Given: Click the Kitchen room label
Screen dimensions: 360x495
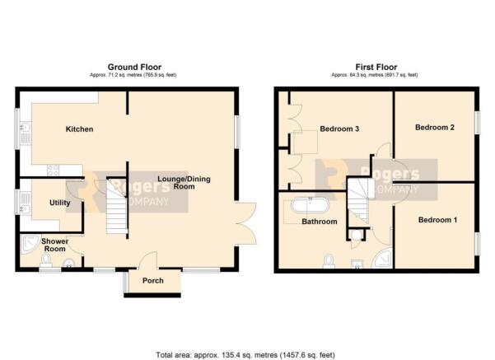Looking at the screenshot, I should [79, 129].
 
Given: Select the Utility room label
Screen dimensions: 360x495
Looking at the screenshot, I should [60, 203].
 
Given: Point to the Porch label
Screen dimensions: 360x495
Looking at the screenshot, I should [153, 282].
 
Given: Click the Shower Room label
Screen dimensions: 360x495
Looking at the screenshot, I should [54, 245].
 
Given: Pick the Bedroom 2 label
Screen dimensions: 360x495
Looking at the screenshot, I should [434, 127].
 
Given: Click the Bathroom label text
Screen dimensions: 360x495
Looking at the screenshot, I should [319, 222].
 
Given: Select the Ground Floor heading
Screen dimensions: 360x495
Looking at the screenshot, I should [134, 67].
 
